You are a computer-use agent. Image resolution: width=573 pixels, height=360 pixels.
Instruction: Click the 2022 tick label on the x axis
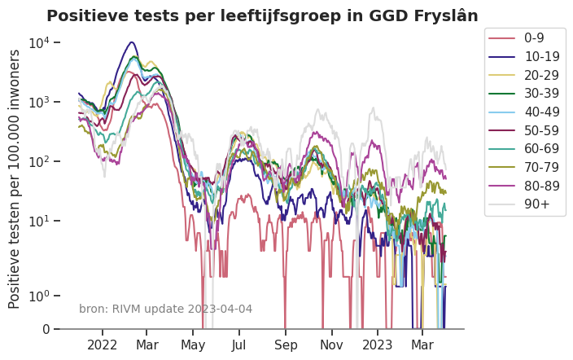click(x=103, y=345)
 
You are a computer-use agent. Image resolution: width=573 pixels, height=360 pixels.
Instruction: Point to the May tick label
click(x=193, y=345)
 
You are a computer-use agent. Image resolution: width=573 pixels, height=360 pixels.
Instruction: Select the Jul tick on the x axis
click(x=239, y=345)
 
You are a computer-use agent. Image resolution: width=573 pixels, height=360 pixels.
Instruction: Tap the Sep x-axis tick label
click(x=286, y=345)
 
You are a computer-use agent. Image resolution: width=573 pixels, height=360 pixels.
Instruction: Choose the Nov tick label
click(x=332, y=345)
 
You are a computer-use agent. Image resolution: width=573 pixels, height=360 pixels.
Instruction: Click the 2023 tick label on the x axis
click(x=378, y=345)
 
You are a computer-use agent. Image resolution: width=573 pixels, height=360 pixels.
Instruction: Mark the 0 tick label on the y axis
click(x=45, y=330)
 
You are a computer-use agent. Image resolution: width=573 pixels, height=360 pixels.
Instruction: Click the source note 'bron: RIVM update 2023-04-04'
click(x=165, y=310)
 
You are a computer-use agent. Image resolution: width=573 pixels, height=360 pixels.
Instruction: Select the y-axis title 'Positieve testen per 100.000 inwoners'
click(x=15, y=178)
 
